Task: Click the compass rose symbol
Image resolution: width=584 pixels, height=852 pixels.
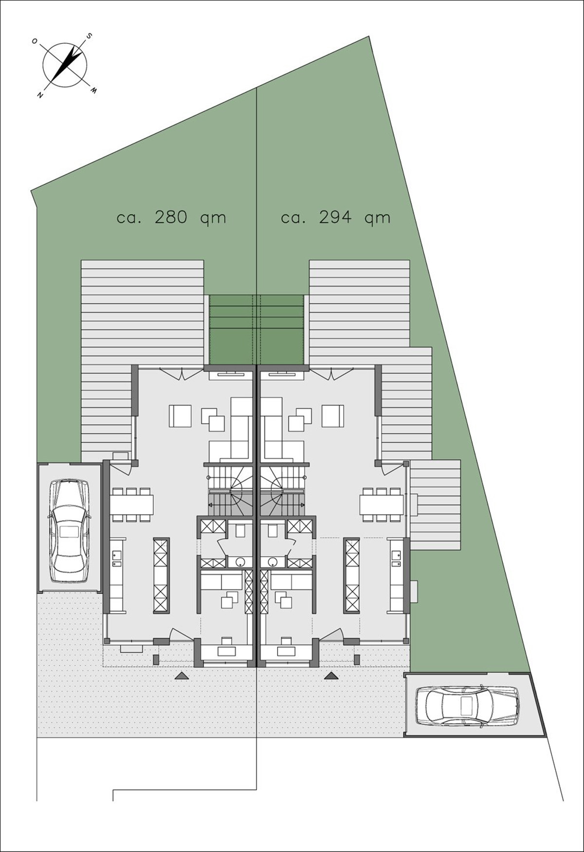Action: coord(65,65)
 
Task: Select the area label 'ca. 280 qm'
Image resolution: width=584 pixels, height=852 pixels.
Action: coord(172,218)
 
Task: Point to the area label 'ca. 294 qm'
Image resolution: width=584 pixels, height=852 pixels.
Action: coord(336,218)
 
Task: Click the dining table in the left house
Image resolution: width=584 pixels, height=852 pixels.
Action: coord(132,504)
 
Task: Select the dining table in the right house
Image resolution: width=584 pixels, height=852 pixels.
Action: coord(382,504)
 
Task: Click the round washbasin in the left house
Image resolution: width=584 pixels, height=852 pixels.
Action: coord(240,562)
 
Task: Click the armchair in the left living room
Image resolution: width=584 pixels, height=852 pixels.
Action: coord(180,416)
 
